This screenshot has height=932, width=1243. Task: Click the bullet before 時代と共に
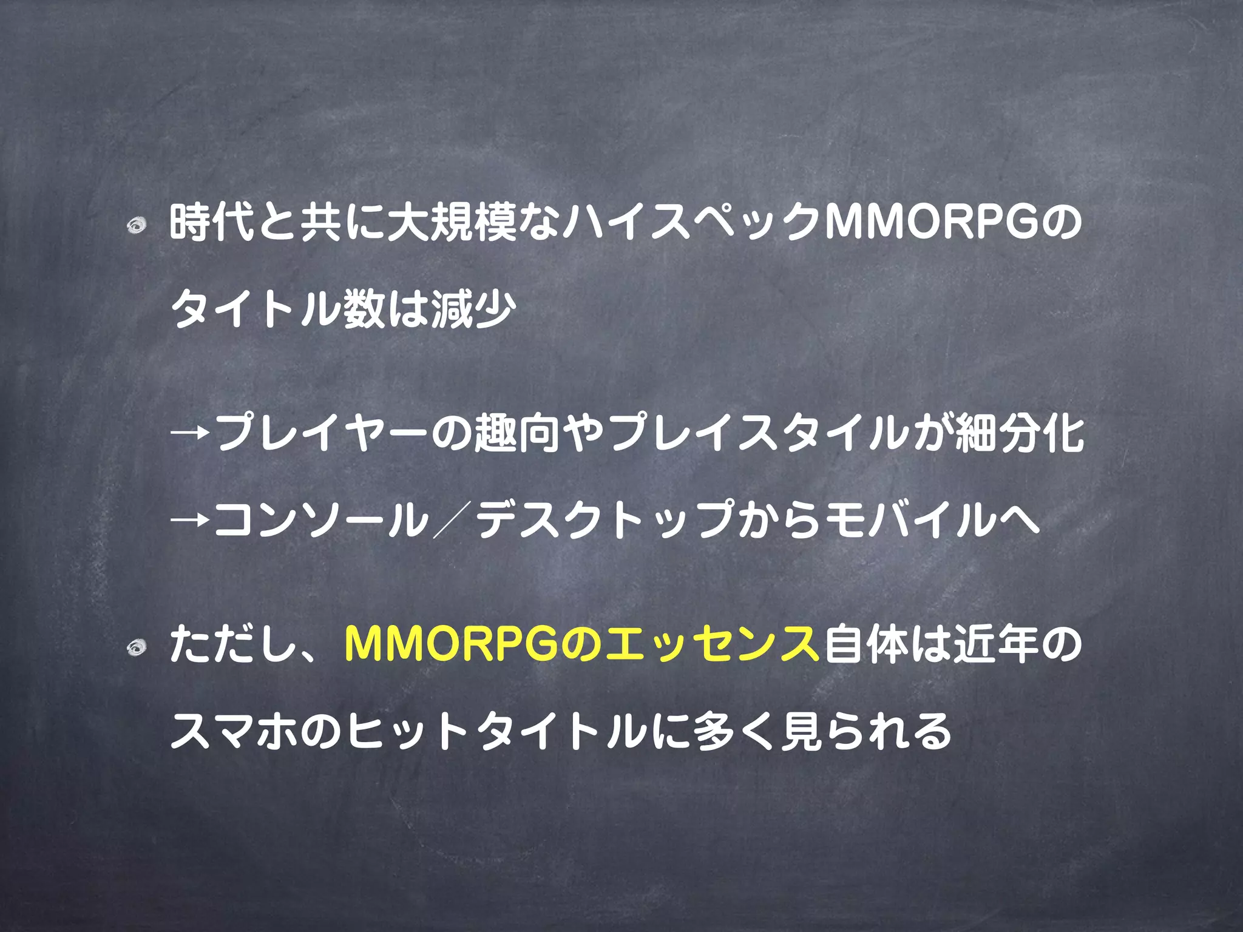click(x=137, y=226)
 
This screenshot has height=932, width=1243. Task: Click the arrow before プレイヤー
click(x=191, y=434)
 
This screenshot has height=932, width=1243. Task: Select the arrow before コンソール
click(x=191, y=520)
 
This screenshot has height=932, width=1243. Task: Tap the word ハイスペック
click(x=692, y=223)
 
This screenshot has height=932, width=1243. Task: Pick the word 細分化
click(x=1020, y=434)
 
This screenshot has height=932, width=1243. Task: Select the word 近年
click(x=997, y=645)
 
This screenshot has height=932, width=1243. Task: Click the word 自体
click(x=865, y=645)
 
